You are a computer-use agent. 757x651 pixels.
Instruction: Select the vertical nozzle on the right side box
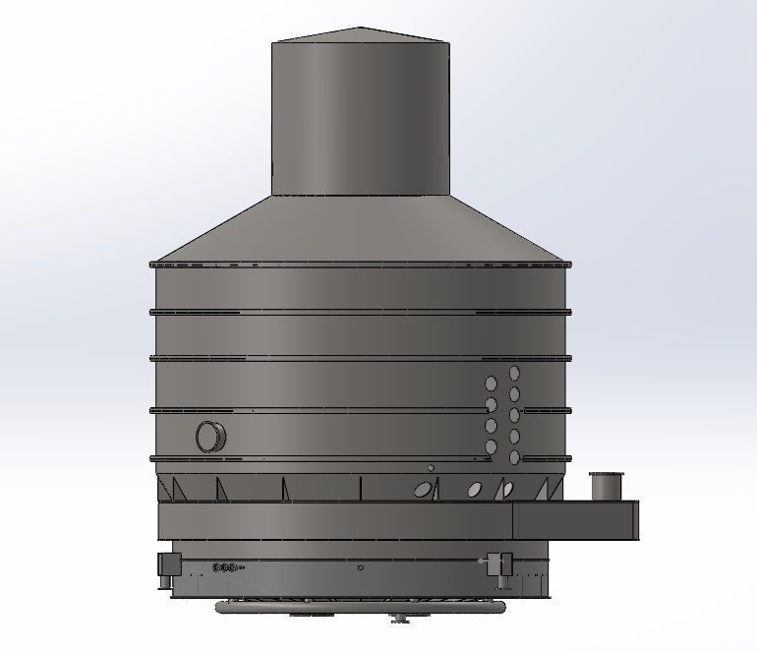point(607,486)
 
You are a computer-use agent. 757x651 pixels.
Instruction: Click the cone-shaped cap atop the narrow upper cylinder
point(361,34)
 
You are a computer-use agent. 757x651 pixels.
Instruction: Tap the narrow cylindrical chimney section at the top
point(361,118)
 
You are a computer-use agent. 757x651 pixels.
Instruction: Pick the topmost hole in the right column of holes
point(514,373)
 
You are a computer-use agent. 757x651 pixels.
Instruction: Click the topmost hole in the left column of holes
point(492,384)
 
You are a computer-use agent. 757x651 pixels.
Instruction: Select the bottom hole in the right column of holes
point(514,458)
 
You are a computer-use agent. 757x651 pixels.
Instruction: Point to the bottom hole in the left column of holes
point(492,447)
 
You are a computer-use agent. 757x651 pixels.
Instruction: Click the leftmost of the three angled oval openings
point(422,488)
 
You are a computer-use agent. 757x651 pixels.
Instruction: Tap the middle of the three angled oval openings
point(475,488)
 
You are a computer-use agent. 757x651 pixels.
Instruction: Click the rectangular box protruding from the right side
point(575,520)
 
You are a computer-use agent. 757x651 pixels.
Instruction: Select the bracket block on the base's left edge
point(166,564)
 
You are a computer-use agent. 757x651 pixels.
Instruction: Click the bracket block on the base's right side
point(503,563)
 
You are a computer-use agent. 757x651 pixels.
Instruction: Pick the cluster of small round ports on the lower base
point(226,567)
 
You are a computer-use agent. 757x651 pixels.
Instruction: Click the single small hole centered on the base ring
point(361,567)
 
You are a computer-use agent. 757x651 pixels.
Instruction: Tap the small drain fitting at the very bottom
point(400,618)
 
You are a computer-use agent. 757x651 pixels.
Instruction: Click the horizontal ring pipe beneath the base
point(295,608)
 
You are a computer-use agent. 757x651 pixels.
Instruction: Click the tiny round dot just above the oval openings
point(430,467)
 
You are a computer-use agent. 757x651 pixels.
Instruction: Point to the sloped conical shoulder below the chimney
point(361,231)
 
